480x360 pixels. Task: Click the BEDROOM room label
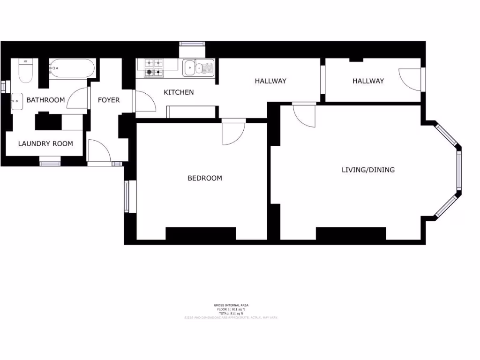tap(205, 178)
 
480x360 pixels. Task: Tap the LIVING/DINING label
tap(368, 170)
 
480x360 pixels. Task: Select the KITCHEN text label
tap(179, 92)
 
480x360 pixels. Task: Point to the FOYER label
tap(108, 100)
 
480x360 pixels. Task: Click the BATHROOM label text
tap(45, 100)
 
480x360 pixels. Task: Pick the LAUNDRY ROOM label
tap(45, 143)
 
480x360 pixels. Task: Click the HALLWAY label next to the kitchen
tap(270, 81)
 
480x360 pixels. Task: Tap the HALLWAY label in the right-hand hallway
tap(368, 81)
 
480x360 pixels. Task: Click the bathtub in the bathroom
tap(72, 68)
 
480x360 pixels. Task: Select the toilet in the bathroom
tap(25, 71)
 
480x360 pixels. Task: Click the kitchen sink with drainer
tap(198, 67)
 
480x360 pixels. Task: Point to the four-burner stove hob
tap(153, 67)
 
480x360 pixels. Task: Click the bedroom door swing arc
tap(233, 134)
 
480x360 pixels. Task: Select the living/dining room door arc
tap(304, 116)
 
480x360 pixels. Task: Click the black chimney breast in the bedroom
tap(201, 233)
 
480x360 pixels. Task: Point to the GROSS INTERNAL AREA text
tap(230, 305)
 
